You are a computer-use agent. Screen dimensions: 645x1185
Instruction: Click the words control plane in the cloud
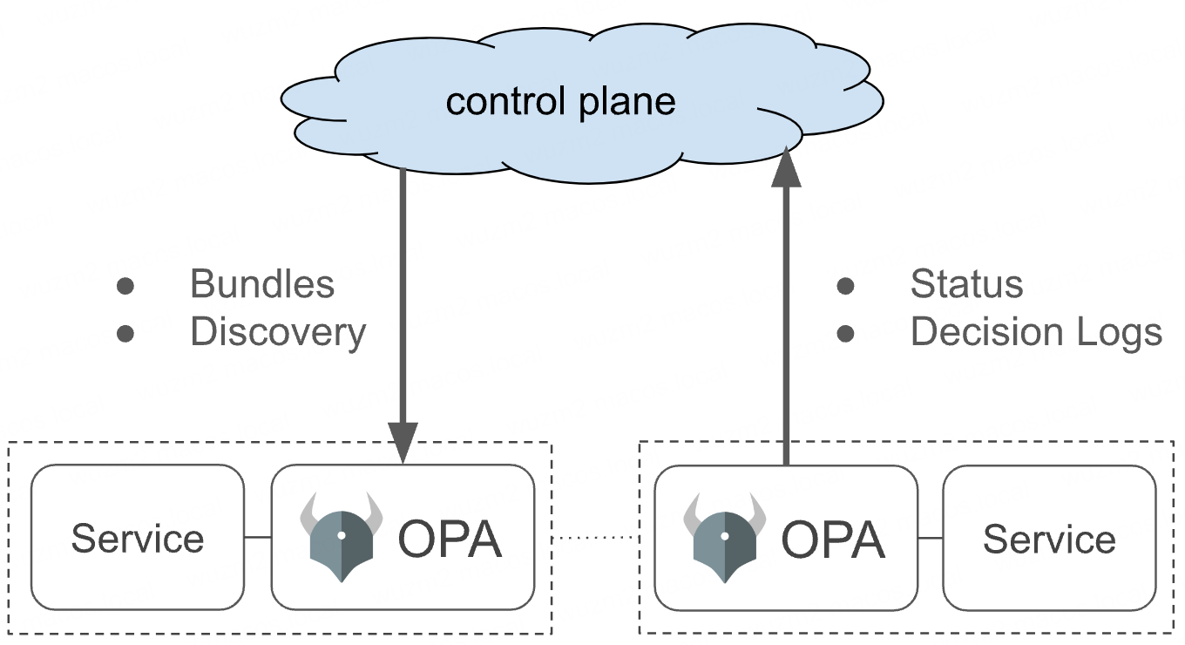(x=560, y=102)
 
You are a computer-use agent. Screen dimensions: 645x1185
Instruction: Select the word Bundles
(x=261, y=284)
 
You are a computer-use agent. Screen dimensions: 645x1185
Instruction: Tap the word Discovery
(x=278, y=332)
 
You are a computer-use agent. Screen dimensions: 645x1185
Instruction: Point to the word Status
(x=966, y=284)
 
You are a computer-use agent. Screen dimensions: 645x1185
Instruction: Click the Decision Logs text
(x=1036, y=332)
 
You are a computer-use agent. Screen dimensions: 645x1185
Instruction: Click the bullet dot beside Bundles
(x=125, y=285)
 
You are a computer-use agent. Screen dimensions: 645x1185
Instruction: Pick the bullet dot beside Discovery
(x=125, y=333)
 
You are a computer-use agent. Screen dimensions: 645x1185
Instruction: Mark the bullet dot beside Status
(x=845, y=285)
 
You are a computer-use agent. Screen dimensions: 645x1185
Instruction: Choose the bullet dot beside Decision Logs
(x=845, y=333)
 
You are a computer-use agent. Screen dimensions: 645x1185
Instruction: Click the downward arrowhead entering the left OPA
(x=403, y=442)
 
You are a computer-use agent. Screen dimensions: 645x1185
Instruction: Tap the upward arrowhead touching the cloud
(x=786, y=167)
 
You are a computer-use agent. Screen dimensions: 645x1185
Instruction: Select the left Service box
(x=138, y=537)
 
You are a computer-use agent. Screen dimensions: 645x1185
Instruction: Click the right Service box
(x=1049, y=537)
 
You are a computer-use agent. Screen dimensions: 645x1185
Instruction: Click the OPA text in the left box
(x=450, y=540)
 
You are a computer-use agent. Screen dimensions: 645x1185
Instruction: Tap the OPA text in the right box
(x=832, y=540)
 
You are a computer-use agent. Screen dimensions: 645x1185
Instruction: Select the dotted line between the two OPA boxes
(x=594, y=538)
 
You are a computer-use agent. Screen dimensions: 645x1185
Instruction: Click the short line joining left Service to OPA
(x=258, y=538)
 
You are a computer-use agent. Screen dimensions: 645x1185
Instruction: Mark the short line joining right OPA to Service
(x=930, y=538)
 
